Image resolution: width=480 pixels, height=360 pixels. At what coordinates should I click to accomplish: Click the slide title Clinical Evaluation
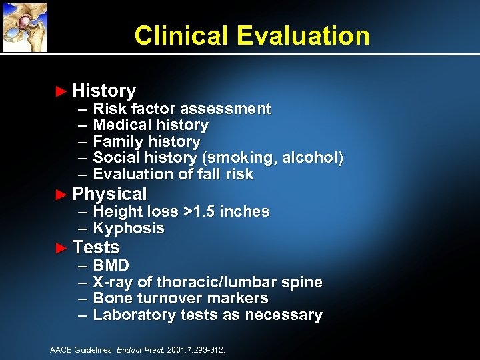(251, 35)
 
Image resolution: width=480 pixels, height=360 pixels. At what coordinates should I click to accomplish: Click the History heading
(104, 91)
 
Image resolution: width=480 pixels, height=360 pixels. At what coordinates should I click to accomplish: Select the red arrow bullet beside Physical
(61, 195)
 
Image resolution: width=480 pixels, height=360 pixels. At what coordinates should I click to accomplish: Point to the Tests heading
(96, 247)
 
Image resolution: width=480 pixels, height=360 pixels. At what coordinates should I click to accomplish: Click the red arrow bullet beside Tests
(61, 248)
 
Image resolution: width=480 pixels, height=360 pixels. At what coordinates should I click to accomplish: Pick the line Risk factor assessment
(182, 109)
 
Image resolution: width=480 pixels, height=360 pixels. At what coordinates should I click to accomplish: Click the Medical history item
(151, 125)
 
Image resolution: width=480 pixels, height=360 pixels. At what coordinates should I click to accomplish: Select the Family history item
(147, 141)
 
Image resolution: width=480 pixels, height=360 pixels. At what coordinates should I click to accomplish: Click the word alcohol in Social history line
(311, 158)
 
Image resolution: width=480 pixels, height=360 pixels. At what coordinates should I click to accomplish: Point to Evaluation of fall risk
(173, 175)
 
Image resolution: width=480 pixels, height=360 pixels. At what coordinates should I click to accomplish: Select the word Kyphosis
(129, 229)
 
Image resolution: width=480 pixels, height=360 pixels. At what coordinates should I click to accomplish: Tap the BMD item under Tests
(111, 266)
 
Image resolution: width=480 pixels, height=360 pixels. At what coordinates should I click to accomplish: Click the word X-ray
(113, 282)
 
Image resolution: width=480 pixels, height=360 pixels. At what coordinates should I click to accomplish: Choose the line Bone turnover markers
(181, 299)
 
